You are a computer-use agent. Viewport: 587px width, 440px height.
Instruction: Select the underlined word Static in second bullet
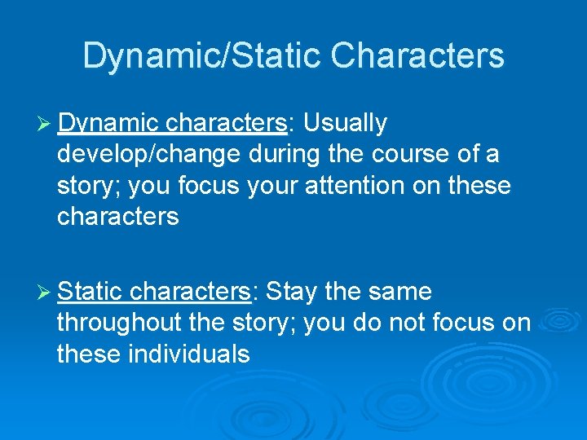point(90,291)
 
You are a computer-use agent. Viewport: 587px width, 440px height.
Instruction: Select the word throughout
point(119,323)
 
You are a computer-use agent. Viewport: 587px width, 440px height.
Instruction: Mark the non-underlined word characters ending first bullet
point(117,217)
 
